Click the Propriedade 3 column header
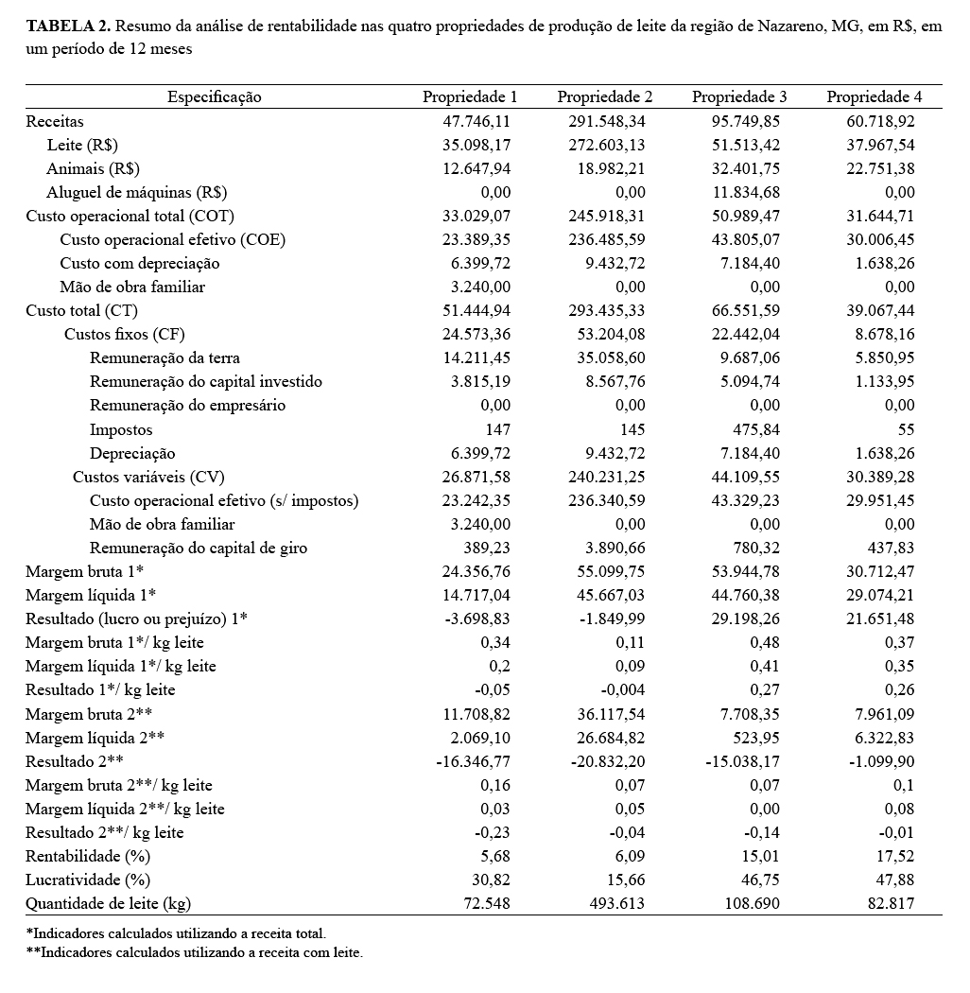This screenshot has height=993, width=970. [739, 96]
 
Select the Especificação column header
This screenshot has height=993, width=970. [215, 96]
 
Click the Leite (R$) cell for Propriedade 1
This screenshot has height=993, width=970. [476, 145]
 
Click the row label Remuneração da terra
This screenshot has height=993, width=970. [165, 357]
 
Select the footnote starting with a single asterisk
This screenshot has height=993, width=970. [176, 933]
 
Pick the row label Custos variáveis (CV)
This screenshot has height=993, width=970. [148, 477]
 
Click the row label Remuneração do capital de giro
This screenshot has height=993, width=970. [199, 548]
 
